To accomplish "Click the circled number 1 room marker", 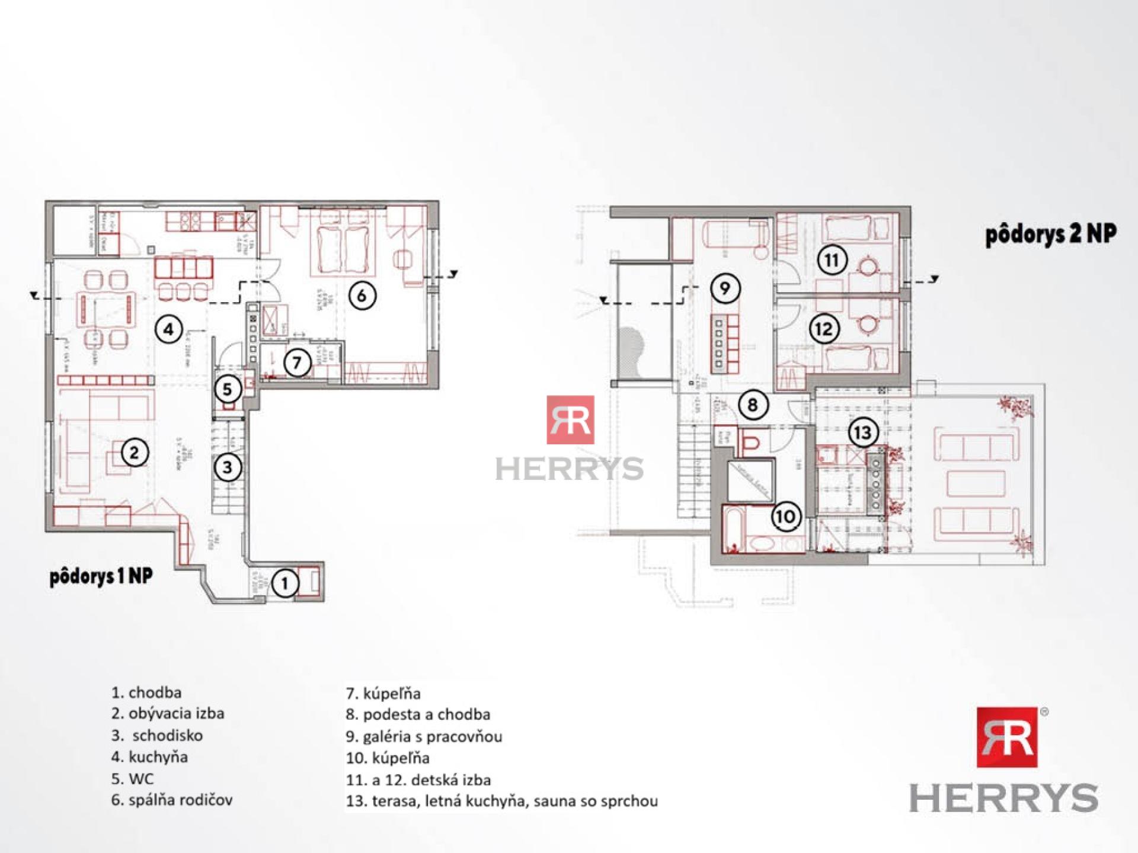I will tap(285, 583).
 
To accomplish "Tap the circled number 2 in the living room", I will tap(134, 453).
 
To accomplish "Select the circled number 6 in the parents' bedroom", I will tap(362, 294).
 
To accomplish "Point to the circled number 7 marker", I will tap(298, 362).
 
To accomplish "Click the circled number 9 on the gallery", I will tap(724, 288).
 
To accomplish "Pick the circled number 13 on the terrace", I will tap(863, 432).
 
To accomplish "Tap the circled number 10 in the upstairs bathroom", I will tap(786, 517).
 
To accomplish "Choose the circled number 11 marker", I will tap(832, 260).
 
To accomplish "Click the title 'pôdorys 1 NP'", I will tap(101, 576).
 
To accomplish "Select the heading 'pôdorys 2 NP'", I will tap(1051, 235).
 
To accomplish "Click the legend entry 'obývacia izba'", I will tap(176, 713).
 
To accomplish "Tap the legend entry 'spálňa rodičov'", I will tap(180, 800).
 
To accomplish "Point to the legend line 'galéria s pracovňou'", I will tap(432, 736).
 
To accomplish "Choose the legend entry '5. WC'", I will tap(132, 778).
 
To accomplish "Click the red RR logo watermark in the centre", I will tap(570, 420).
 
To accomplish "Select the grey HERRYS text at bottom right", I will tap(1003, 798).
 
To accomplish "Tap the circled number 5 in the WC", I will tap(227, 389).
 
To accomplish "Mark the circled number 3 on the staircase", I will tap(228, 468).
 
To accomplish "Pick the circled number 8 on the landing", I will tap(752, 405).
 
